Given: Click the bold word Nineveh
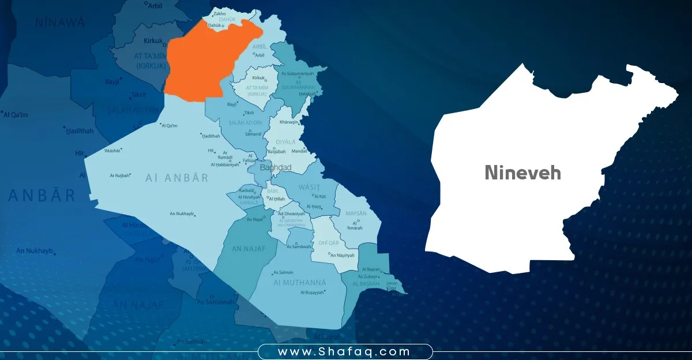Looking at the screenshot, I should coord(522,172).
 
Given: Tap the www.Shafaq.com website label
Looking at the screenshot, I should coord(344,351).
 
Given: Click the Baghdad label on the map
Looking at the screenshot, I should coord(276,167).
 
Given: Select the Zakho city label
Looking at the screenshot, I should coord(219,13).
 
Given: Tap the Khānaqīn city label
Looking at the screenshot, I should coord(289,122).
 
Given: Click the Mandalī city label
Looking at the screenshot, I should coord(300,151).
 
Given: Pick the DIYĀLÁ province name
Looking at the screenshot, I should coord(285,141).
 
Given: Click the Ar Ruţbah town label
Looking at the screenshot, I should coord(120,175).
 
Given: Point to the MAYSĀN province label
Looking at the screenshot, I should coord(355,213).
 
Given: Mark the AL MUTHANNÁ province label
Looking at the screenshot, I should coord(300,283).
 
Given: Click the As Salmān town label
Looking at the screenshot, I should coord(283,272).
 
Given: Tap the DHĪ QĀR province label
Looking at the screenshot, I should coord(329,243).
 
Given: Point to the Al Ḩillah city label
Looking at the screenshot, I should coord(277,199).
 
